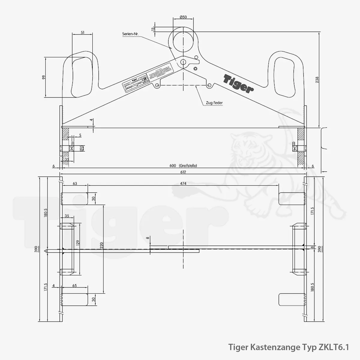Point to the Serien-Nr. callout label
coord(130,34)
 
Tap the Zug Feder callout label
coord(214,103)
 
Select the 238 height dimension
coord(317,79)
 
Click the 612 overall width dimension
coord(183,172)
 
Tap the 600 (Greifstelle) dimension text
coord(183,166)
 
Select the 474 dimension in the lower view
coord(183,183)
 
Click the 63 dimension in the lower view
coord(75,183)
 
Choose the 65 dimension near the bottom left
coord(75,286)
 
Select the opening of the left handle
coord(81,77)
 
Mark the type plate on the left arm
coord(148,77)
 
